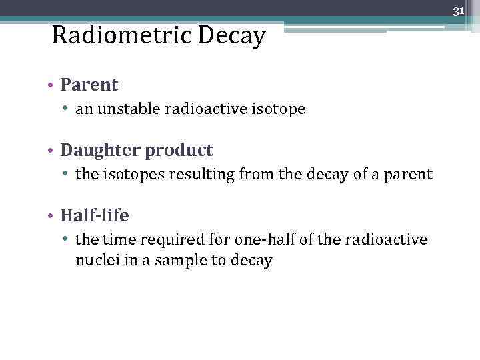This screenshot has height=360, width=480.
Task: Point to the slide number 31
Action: [458, 11]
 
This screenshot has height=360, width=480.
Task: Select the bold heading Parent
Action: [89, 85]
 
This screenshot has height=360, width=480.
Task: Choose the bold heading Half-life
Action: [94, 215]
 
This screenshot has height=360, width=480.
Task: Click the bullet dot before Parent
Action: [51, 85]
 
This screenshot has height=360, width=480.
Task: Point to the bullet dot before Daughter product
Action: [51, 151]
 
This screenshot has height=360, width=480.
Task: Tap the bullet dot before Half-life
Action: [51, 216]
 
